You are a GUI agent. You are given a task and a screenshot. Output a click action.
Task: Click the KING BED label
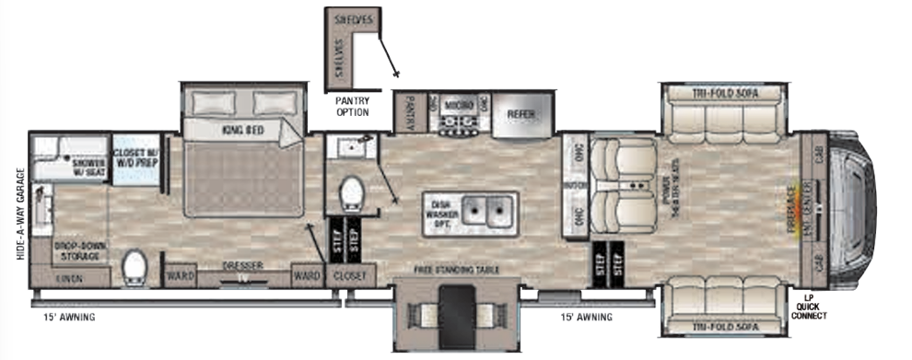242,131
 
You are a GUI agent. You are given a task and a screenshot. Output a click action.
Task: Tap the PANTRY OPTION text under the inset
351,107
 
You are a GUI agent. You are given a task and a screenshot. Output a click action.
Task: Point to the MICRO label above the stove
458,106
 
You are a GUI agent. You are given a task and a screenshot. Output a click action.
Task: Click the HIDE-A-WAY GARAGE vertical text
20,214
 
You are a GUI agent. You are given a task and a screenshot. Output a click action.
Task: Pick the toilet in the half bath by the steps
352,193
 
